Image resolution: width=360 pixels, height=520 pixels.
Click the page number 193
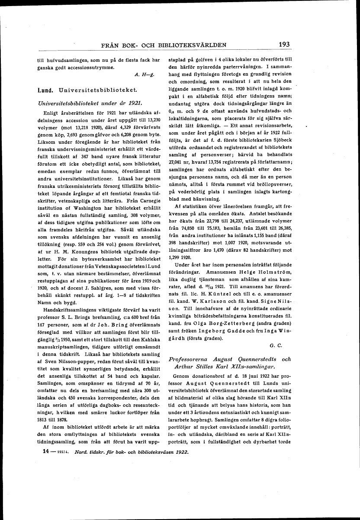pos(284,44)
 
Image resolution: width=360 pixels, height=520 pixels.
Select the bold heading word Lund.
pos(45,90)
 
